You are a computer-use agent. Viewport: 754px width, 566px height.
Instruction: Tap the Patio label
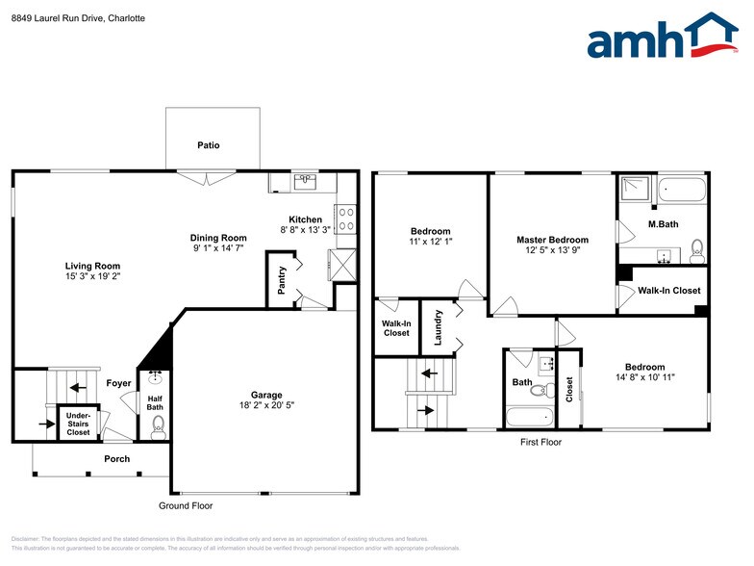[209, 145]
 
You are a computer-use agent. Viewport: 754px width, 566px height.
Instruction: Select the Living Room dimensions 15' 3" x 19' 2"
[92, 276]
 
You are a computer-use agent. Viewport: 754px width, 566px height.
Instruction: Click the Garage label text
[266, 395]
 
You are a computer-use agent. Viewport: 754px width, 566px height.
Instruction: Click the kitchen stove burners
[345, 220]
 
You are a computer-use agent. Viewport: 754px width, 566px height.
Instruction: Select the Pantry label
[281, 277]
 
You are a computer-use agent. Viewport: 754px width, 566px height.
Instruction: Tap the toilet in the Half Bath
[159, 424]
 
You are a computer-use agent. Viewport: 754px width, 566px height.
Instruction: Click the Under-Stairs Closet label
[78, 424]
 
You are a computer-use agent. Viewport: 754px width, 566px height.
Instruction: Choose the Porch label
[116, 459]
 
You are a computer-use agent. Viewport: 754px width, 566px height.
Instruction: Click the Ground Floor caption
[186, 505]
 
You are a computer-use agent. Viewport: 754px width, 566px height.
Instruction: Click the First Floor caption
[540, 442]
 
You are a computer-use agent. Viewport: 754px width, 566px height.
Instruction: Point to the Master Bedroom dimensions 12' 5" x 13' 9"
[552, 251]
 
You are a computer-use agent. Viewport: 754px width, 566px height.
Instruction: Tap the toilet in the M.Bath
[697, 249]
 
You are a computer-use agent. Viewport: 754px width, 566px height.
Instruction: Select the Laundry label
[439, 326]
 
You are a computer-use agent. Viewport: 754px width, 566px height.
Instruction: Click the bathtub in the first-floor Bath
[530, 418]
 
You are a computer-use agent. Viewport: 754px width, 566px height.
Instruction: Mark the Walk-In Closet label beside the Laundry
[395, 328]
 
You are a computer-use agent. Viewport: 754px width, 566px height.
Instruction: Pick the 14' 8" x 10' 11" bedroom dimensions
[644, 378]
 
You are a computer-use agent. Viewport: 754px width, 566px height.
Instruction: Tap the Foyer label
[118, 383]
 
